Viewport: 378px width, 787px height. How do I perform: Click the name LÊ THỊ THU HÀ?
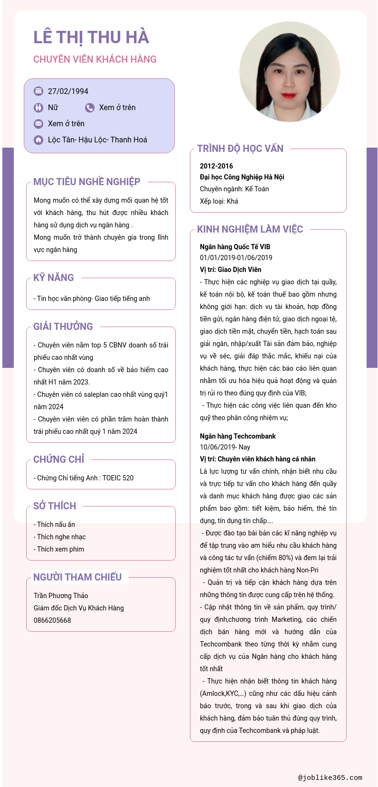(91, 37)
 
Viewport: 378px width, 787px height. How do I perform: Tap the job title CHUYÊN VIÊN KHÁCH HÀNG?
(95, 59)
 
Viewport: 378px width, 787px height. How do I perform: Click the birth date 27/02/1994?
(68, 91)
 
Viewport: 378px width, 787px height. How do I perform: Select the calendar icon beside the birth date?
(38, 91)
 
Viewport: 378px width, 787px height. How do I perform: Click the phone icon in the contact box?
(90, 108)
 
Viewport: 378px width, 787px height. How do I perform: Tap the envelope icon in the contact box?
(38, 124)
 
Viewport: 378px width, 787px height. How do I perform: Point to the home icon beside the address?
(38, 140)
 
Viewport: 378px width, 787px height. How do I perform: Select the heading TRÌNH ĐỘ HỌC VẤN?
(240, 149)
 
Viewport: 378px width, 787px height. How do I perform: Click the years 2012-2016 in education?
(217, 166)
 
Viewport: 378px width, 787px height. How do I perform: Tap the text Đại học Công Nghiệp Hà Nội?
(242, 177)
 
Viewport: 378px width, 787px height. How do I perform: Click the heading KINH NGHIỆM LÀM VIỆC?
(250, 229)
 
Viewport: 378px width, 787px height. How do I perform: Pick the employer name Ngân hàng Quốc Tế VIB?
(235, 247)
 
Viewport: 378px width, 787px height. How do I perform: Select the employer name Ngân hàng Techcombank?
(237, 436)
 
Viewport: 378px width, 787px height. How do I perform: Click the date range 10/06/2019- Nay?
(225, 447)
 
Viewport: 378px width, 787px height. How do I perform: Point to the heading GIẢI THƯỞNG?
(63, 327)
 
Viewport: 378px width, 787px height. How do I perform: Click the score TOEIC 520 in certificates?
(118, 478)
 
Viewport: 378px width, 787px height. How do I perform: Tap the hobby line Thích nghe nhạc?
(61, 537)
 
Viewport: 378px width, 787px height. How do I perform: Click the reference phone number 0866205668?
(52, 620)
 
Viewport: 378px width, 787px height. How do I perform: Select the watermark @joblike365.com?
(330, 778)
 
